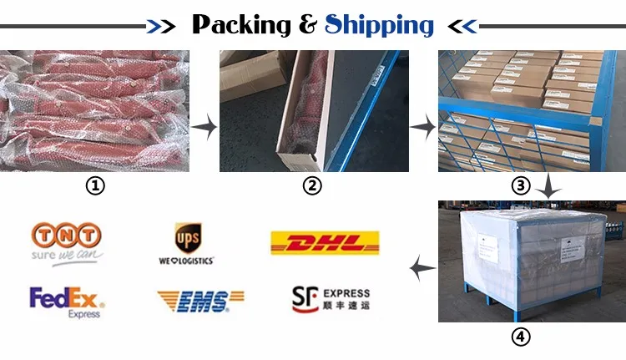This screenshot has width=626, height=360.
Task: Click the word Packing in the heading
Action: tap(241, 24)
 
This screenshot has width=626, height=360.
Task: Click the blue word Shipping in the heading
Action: tap(381, 24)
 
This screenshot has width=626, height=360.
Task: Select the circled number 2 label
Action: tap(311, 186)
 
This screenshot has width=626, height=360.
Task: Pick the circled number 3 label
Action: tap(522, 186)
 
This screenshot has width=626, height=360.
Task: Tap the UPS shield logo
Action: tap(185, 236)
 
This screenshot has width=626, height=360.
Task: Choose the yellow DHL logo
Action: tap(324, 243)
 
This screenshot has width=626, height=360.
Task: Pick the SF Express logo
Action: tap(330, 298)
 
